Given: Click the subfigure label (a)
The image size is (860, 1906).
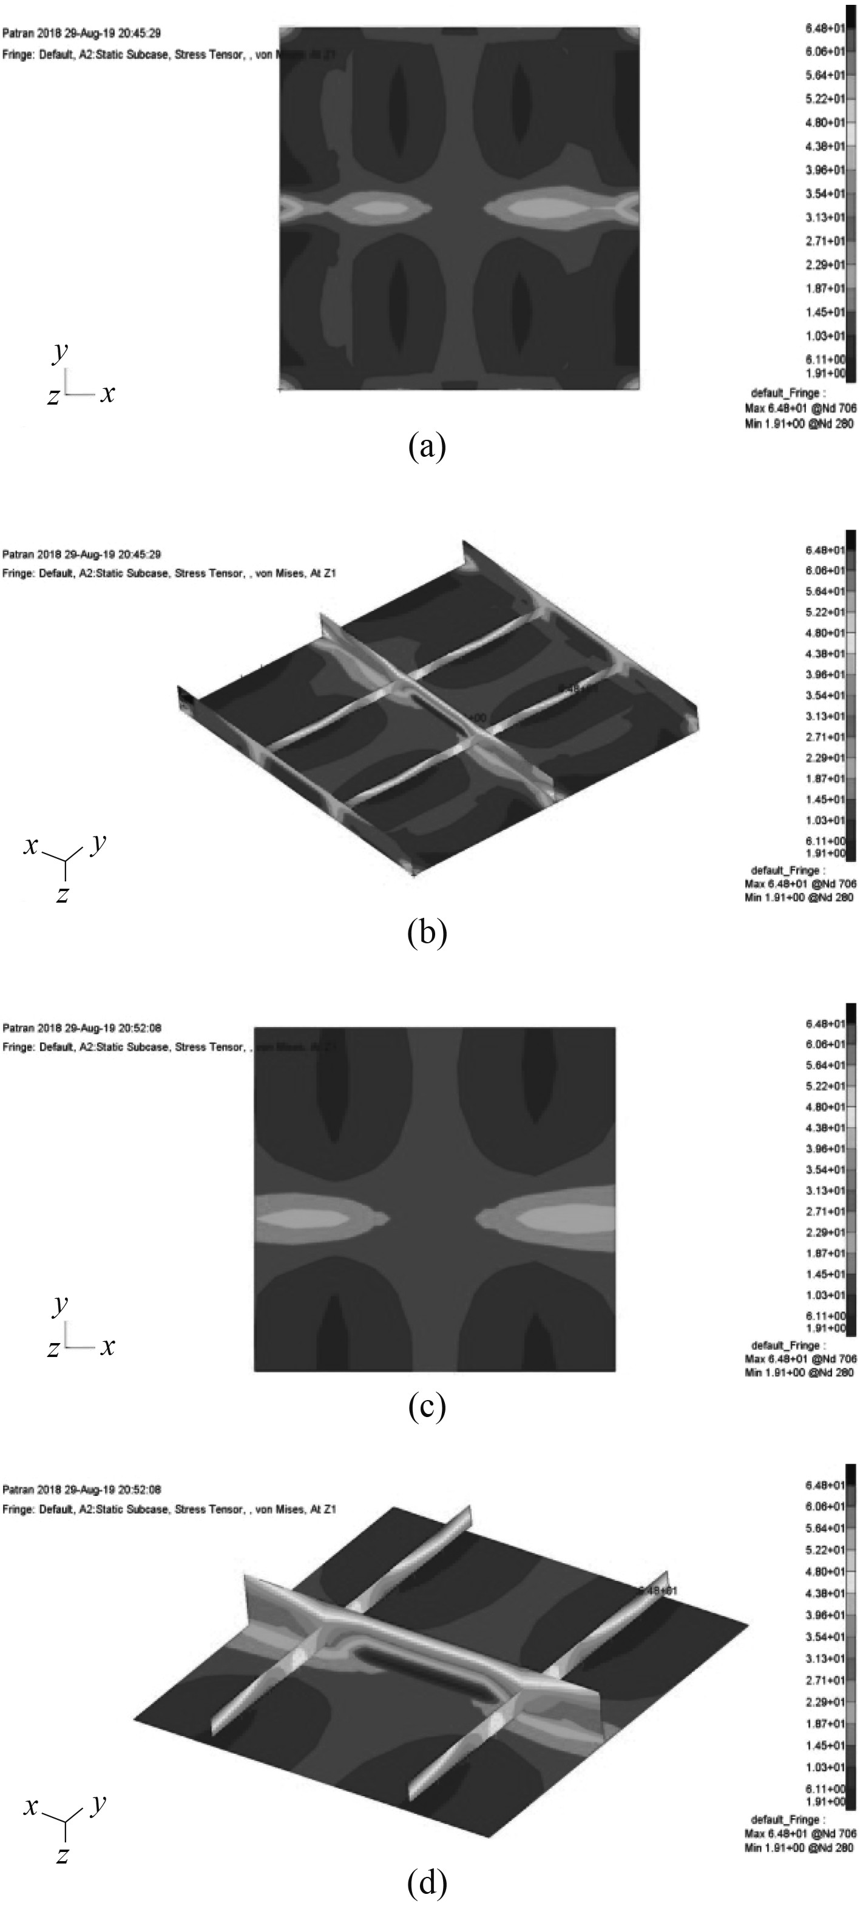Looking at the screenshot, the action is pos(427,447).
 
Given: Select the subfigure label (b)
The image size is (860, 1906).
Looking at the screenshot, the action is pos(427,934).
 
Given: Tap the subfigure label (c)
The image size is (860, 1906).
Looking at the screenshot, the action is pos(427,1407).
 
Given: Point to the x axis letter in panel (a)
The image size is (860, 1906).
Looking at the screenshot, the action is pos(108,393).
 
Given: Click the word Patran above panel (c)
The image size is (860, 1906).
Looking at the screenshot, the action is pos(17,1028).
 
